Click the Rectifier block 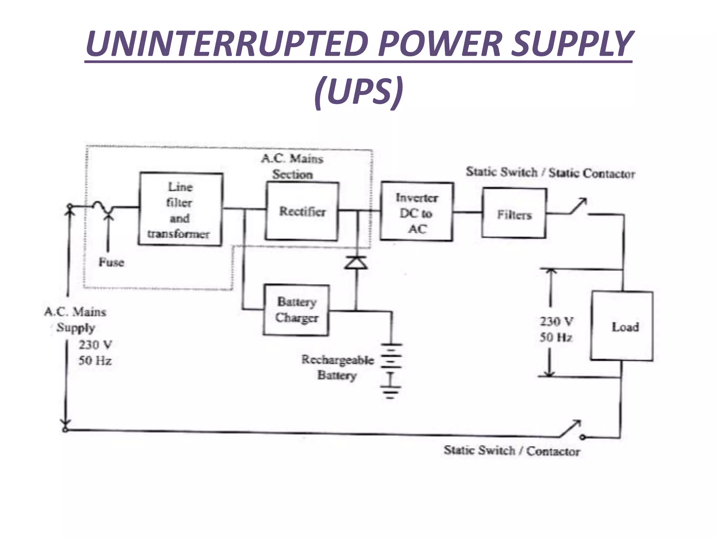tap(302, 211)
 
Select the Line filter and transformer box tap(180, 209)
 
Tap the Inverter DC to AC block tap(417, 212)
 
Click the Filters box tap(514, 213)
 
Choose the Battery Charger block tap(296, 310)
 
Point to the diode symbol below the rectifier tap(356, 262)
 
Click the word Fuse tap(111, 262)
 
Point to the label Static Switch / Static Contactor tap(550, 173)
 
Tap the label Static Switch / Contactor tap(511, 450)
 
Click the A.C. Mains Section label tap(292, 166)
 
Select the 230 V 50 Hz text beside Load tap(556, 329)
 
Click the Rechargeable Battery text tap(337, 367)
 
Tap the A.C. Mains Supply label tap(75, 319)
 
